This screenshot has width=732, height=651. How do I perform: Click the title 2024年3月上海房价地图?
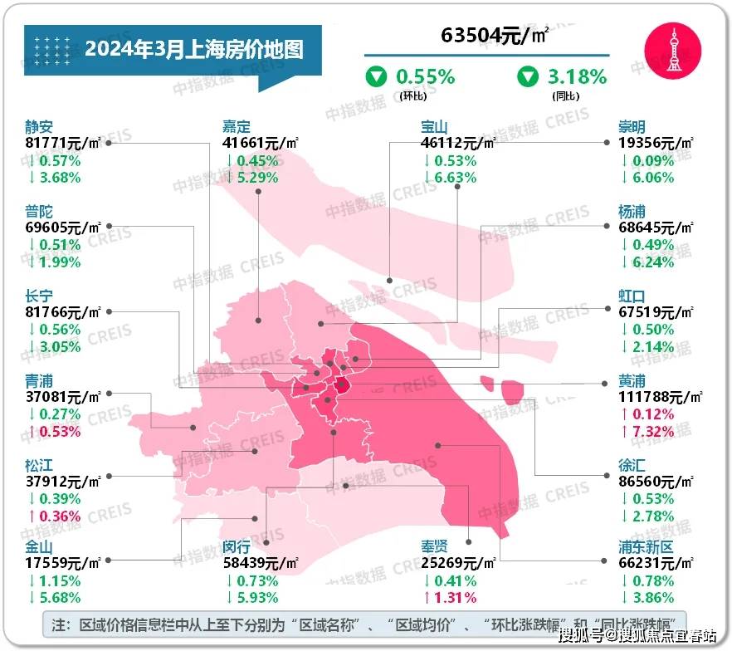click(x=193, y=48)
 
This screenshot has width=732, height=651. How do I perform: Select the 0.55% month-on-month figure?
click(x=426, y=77)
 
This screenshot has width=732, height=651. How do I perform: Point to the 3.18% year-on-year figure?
click(x=577, y=77)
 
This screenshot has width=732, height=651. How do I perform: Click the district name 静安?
click(x=39, y=127)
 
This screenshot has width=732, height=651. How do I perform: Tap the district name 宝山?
click(x=434, y=127)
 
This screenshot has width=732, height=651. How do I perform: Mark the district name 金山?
click(x=39, y=547)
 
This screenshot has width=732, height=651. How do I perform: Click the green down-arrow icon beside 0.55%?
click(x=377, y=77)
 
